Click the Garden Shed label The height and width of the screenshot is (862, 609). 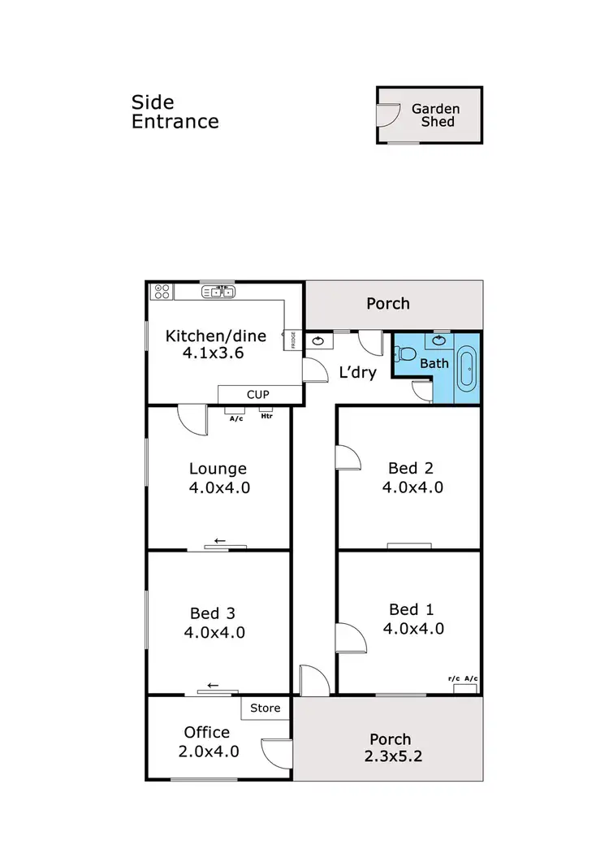click(x=435, y=115)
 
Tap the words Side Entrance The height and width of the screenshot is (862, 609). click(x=175, y=112)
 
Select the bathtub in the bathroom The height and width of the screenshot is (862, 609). click(x=467, y=367)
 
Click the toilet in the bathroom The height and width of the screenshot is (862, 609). click(x=406, y=354)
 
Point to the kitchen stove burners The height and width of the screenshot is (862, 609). click(x=160, y=291)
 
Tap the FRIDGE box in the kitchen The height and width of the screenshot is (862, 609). click(x=290, y=340)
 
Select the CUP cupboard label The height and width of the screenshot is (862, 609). click(x=257, y=395)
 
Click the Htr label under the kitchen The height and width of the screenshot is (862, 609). click(x=266, y=418)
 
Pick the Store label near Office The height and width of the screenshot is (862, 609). click(x=265, y=708)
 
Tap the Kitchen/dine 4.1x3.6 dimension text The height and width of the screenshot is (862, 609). click(x=205, y=353)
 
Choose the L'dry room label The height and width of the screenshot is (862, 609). click(x=357, y=375)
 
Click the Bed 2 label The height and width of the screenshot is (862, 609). click(x=411, y=468)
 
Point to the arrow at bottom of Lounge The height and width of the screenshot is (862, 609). click(x=218, y=540)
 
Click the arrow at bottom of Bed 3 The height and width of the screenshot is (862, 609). click(x=213, y=685)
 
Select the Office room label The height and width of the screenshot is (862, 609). click(x=206, y=733)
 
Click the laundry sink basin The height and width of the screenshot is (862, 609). click(x=318, y=341)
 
